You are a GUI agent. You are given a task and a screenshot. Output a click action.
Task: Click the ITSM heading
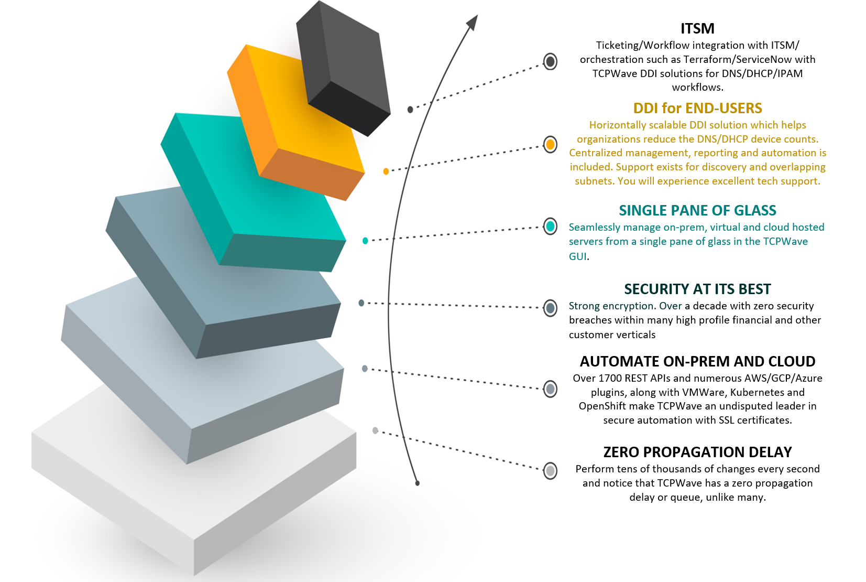[697, 28]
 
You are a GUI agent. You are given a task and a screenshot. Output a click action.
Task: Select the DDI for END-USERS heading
[697, 108]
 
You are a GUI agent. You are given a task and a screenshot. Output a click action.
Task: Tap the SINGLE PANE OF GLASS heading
[697, 210]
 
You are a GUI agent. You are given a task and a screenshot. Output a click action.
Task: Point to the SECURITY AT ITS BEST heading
[697, 289]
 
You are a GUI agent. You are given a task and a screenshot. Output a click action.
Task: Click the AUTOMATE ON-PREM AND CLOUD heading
[697, 361]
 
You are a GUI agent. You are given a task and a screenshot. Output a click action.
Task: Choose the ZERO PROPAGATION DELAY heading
[697, 452]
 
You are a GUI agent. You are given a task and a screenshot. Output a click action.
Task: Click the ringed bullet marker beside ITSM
[550, 62]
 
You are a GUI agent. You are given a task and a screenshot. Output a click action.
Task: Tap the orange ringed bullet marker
[550, 144]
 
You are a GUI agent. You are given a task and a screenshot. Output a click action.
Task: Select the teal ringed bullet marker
[550, 227]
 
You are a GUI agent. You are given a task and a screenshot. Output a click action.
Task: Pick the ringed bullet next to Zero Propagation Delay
[550, 471]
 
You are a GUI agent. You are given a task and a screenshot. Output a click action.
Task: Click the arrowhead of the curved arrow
[473, 22]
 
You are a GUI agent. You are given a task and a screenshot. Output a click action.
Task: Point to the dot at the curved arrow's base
[417, 483]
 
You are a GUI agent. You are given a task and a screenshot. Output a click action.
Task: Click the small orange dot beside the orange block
[386, 171]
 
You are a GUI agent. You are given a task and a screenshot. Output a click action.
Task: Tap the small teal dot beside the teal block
[365, 241]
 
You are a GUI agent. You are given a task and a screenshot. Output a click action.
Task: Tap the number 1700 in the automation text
[610, 378]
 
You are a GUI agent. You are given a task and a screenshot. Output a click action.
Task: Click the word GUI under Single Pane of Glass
[577, 256]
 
